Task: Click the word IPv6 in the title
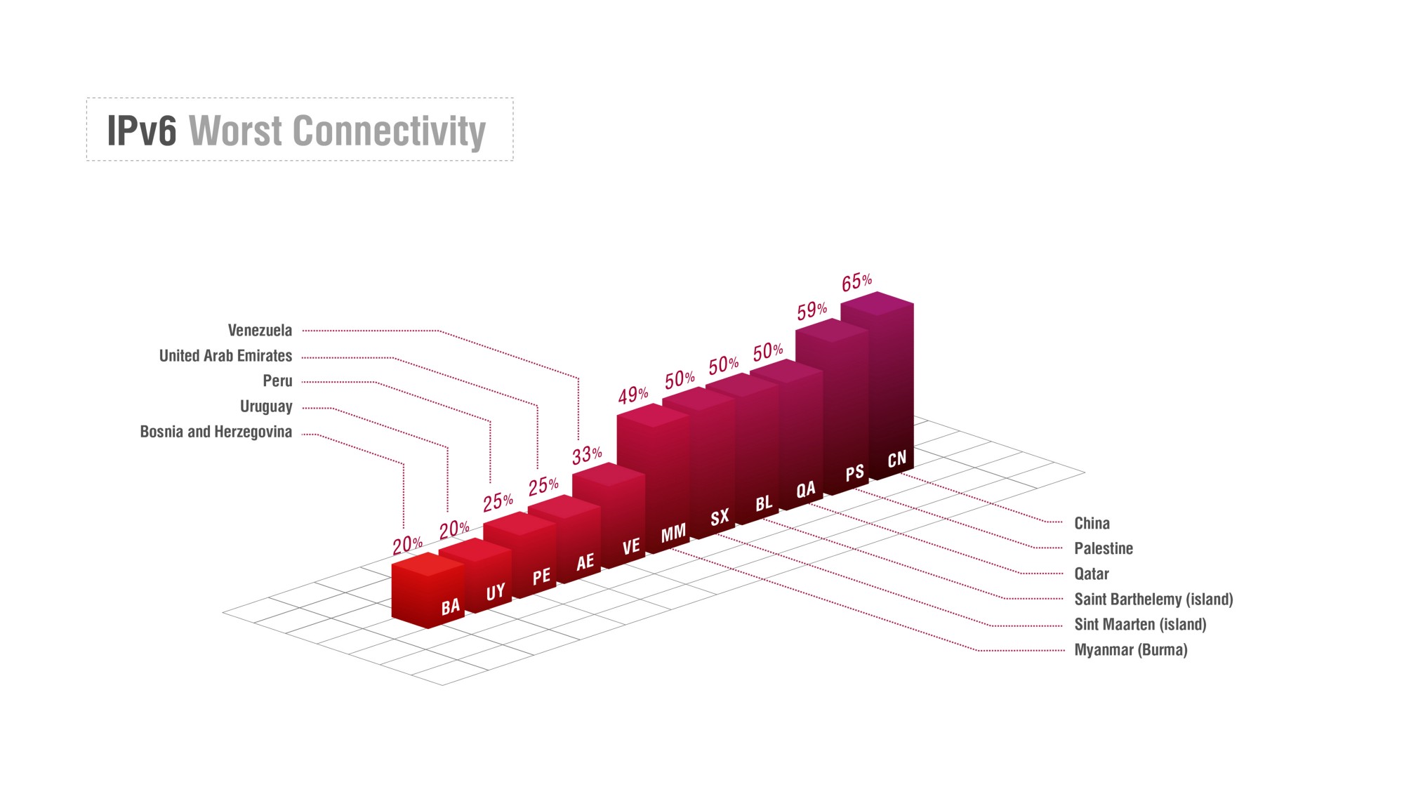(142, 131)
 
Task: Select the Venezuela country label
(260, 330)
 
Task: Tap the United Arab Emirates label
(225, 355)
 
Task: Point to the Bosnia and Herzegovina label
(216, 432)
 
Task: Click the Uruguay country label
(266, 406)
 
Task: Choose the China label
(1092, 523)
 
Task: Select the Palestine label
(1104, 548)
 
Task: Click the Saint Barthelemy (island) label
(1153, 599)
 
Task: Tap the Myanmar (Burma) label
(1131, 649)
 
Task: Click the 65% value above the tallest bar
(857, 282)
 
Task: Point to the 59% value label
(812, 310)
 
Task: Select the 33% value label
(587, 456)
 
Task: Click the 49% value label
(633, 395)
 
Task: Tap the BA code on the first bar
(451, 607)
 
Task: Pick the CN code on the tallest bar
(897, 460)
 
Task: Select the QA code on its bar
(806, 489)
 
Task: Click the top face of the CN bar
(877, 304)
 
